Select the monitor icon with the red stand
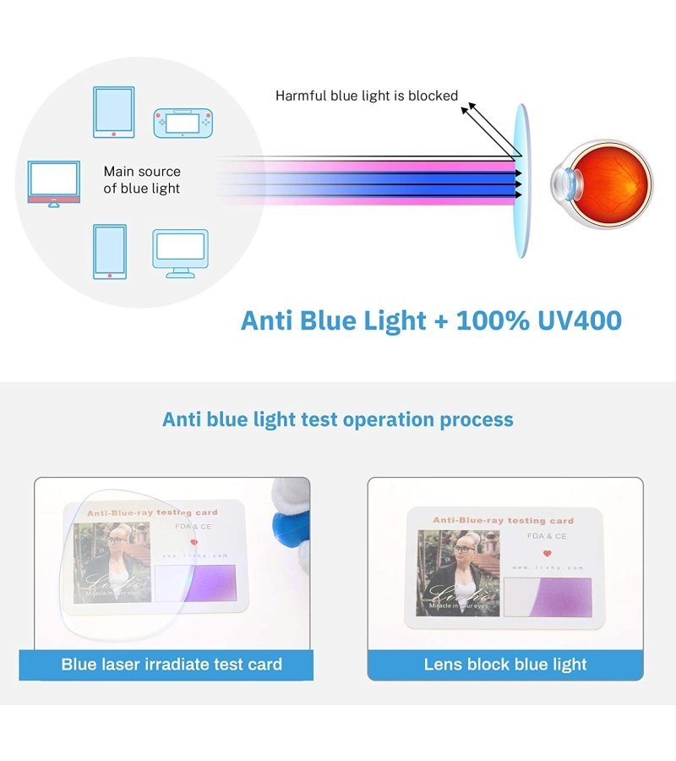pos(54,183)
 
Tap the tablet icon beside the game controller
pos(113,111)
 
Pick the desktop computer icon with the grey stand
pos(180,253)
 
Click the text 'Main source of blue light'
pos(142,180)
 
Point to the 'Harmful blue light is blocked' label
pos(367,96)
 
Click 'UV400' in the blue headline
pos(574,320)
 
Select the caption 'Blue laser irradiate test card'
pos(172,664)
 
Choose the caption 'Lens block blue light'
pos(505,664)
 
